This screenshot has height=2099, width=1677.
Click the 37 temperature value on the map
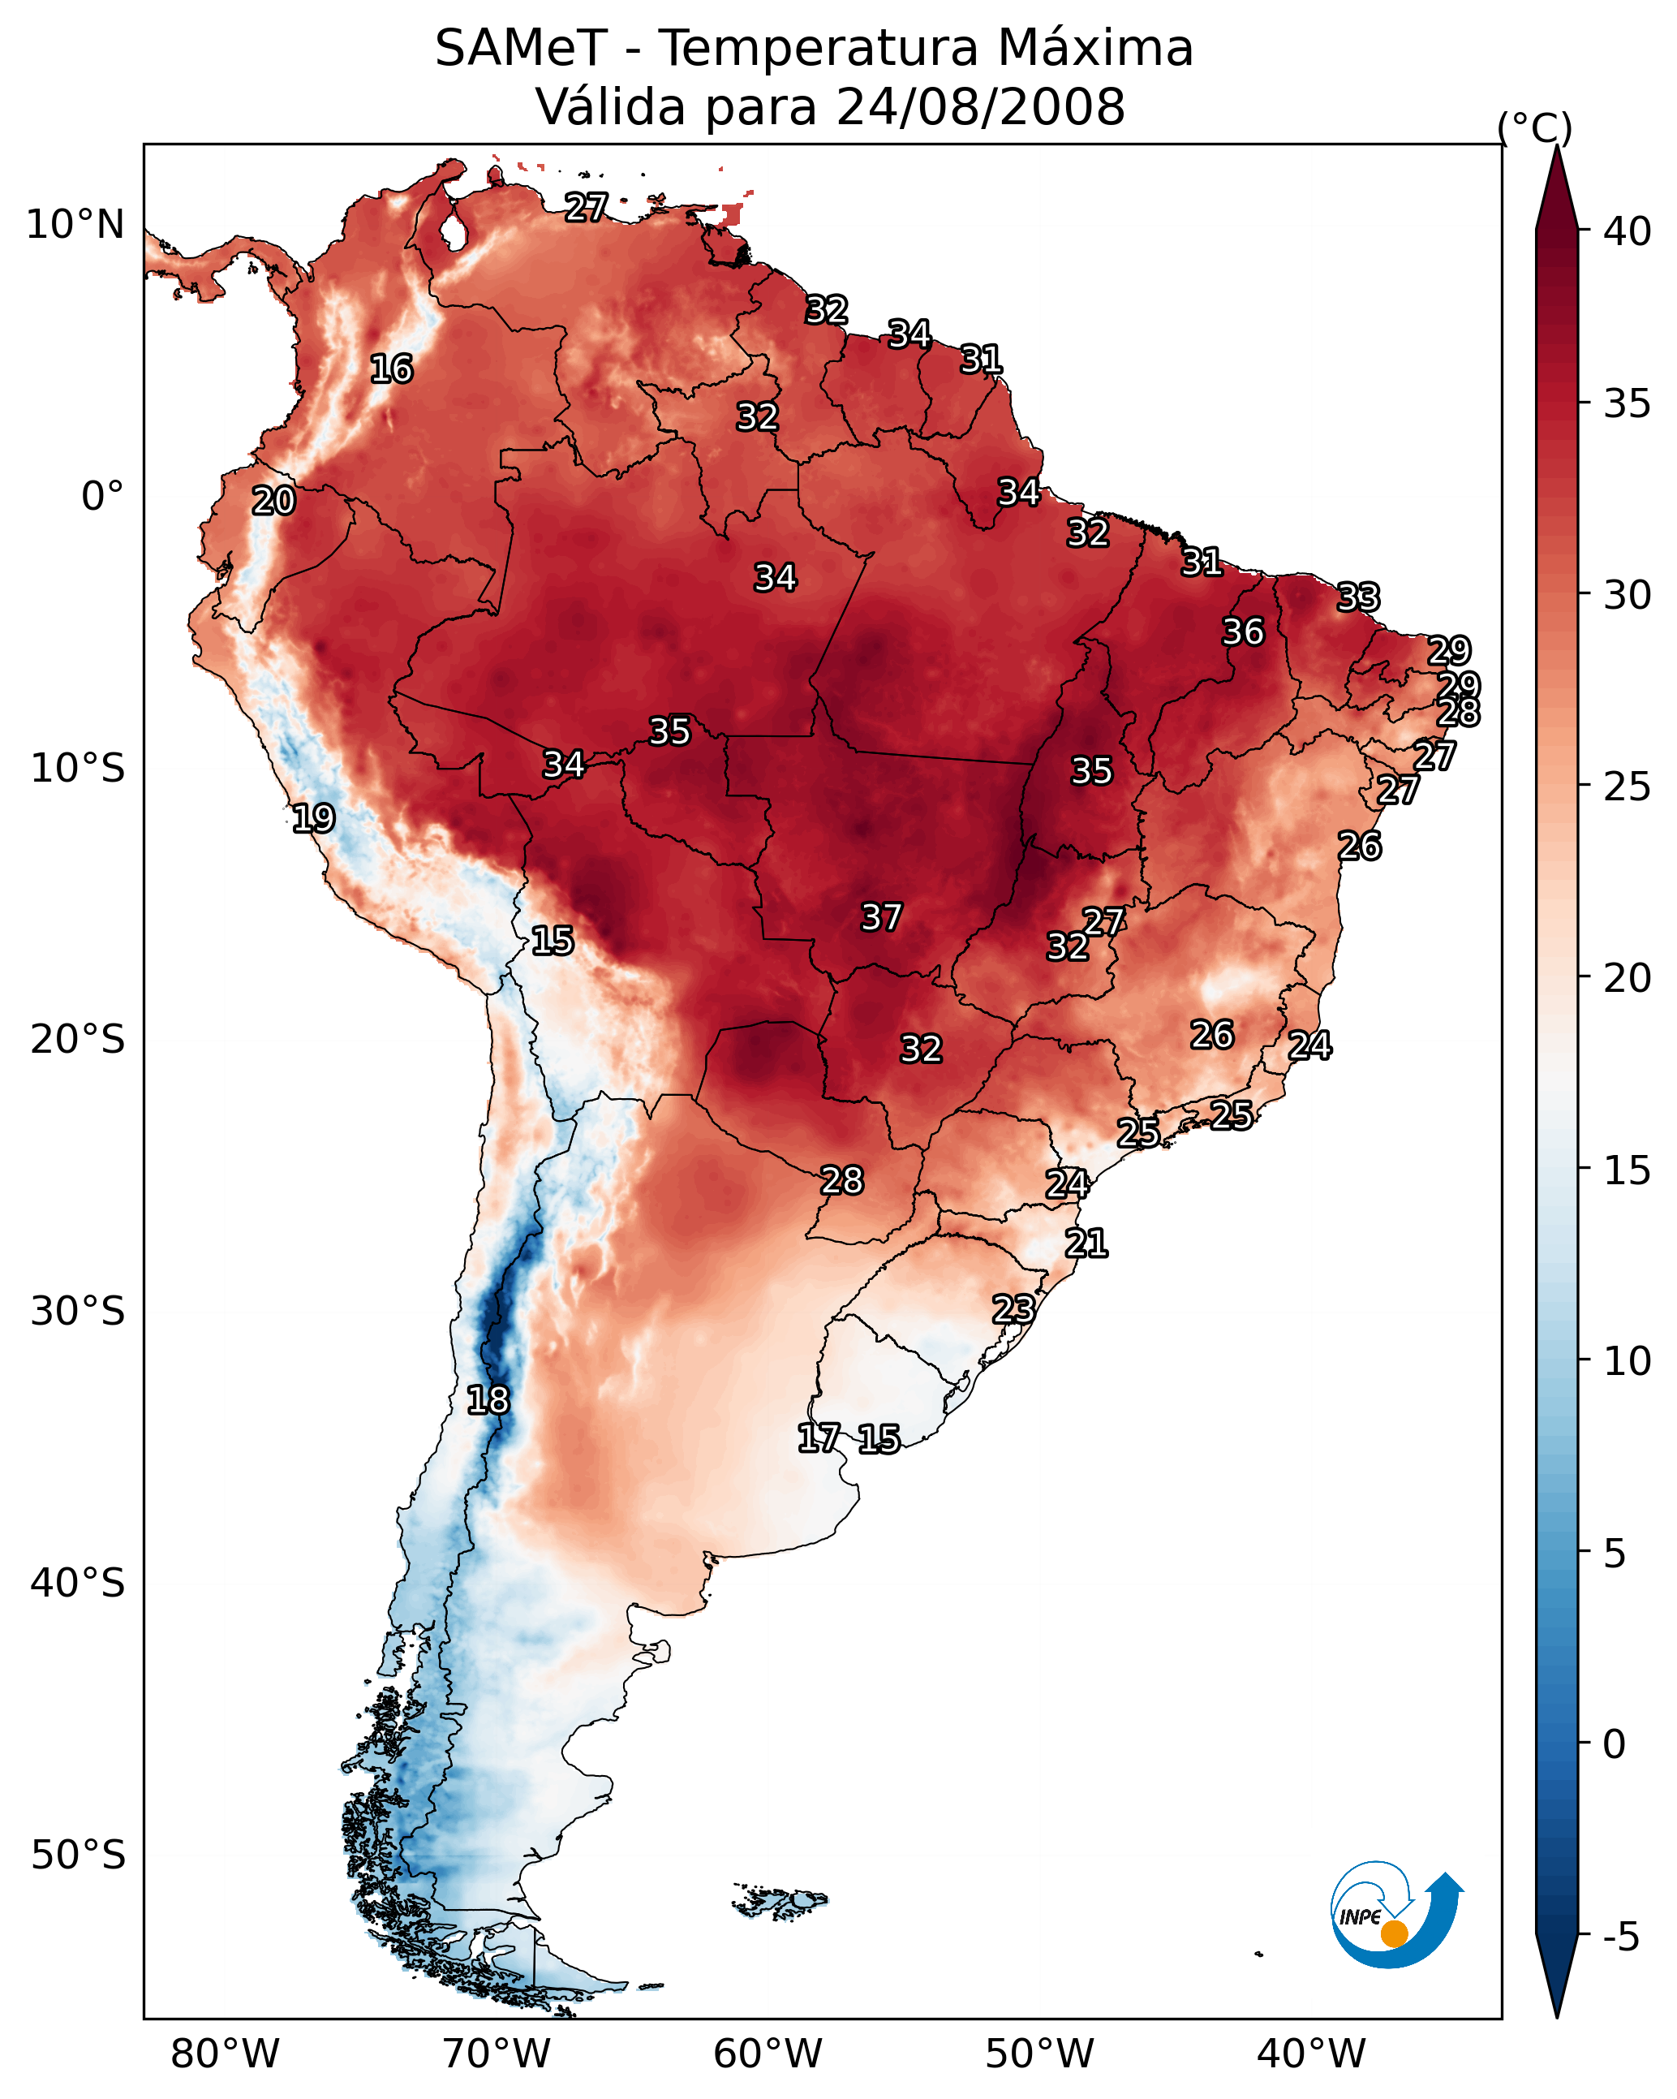(881, 917)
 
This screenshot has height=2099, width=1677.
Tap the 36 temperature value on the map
(1243, 631)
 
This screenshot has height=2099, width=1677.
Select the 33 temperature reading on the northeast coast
(1358, 597)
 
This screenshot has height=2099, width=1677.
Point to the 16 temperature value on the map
(391, 369)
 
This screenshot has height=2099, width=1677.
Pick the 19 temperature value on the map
(313, 818)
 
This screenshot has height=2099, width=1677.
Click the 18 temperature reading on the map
(488, 1400)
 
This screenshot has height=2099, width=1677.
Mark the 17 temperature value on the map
(819, 1438)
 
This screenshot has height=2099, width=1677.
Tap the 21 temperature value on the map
(1086, 1243)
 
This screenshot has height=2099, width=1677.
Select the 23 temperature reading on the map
(1013, 1308)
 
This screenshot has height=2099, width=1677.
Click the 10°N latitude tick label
(75, 225)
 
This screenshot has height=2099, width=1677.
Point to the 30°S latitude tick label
(78, 1312)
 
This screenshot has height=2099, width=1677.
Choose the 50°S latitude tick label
(78, 1855)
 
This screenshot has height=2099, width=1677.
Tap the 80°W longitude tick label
(225, 2054)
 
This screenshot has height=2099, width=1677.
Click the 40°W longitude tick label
(1311, 2054)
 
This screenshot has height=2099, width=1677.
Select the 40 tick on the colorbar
(1628, 231)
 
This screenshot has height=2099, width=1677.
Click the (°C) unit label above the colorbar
(1534, 128)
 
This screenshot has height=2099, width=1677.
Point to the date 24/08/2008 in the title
(980, 107)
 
